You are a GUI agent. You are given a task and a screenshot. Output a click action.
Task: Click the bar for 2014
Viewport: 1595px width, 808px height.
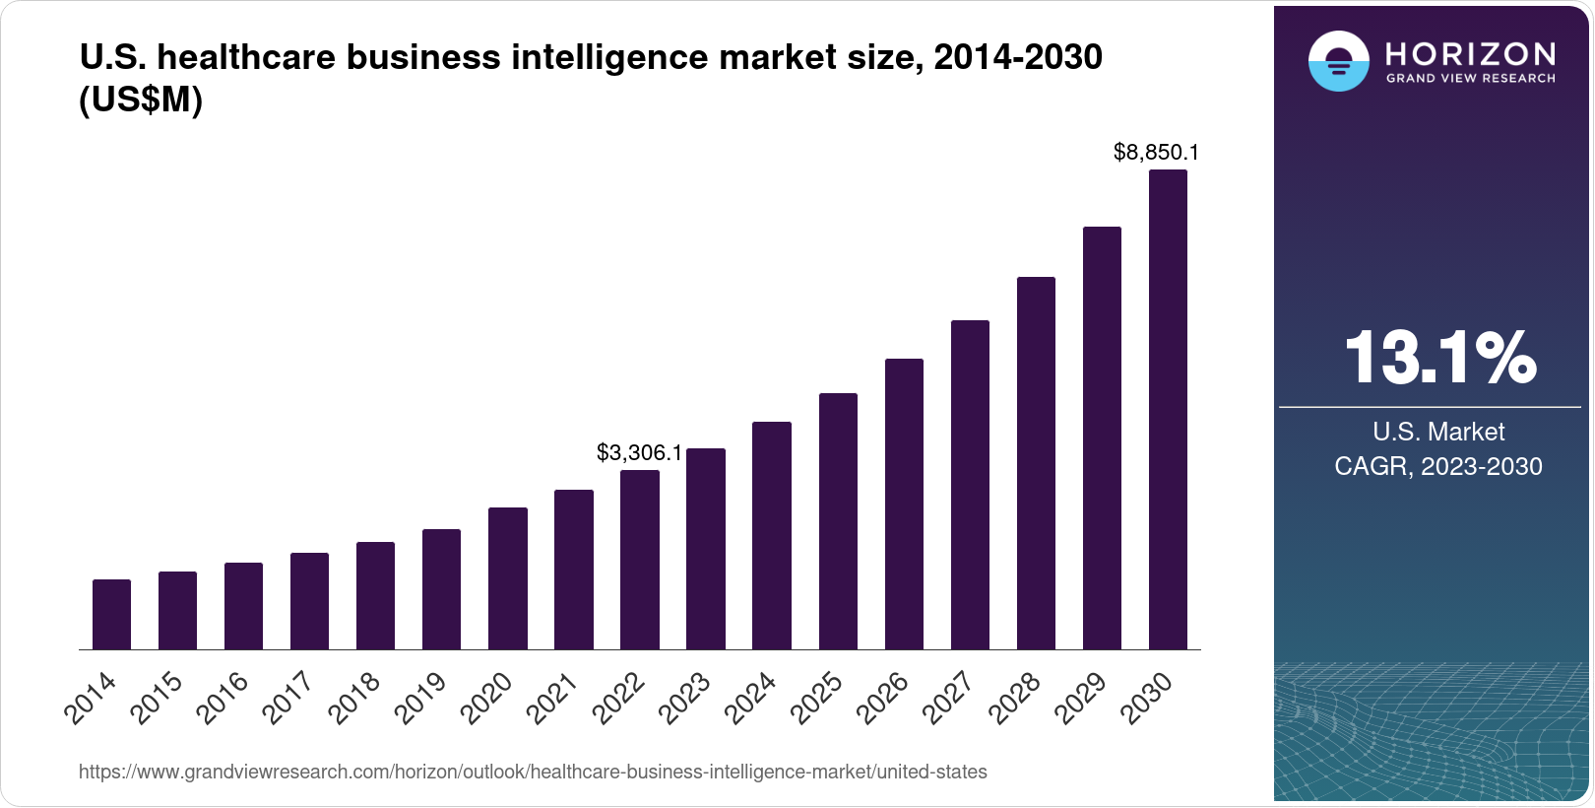pos(111,615)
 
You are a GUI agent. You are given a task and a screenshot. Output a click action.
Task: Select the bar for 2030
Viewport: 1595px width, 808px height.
pos(1168,410)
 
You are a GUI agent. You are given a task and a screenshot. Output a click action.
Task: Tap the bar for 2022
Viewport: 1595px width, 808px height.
pos(640,560)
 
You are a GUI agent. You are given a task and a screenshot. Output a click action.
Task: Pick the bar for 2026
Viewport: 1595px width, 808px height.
pos(904,504)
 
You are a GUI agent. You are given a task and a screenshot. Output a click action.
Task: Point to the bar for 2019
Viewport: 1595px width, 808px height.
pos(441,589)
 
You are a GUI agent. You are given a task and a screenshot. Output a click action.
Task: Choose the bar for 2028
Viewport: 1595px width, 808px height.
pos(1036,463)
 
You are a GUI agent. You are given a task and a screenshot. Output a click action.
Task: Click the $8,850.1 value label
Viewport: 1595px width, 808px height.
pos(1156,152)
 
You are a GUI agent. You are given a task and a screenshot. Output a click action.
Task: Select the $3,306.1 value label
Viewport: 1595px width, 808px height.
pos(639,452)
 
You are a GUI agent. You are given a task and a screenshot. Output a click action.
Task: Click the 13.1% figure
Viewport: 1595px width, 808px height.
pos(1438,358)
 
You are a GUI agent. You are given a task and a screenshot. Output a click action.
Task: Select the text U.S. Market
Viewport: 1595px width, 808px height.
pos(1438,432)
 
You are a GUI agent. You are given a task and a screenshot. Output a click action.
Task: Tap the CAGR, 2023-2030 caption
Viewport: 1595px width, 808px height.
pos(1438,466)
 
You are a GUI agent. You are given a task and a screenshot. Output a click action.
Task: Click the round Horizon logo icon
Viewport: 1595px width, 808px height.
pos(1338,62)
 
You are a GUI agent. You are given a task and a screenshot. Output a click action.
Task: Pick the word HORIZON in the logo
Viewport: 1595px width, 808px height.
pos(1470,53)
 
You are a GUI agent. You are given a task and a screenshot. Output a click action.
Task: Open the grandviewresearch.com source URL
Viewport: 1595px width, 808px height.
pos(533,772)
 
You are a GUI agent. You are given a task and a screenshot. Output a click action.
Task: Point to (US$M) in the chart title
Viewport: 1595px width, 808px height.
pos(141,99)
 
